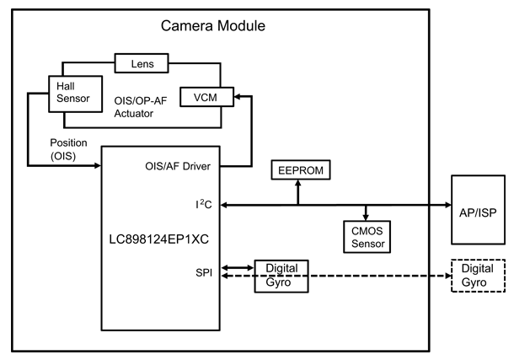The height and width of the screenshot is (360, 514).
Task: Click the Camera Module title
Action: pos(213,25)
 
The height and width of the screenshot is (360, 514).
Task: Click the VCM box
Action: pos(206,97)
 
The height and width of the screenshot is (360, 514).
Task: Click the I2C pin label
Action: pos(200,203)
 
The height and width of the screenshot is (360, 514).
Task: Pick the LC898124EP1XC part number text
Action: pos(158,239)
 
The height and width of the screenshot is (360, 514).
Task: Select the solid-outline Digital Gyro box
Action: pos(281,276)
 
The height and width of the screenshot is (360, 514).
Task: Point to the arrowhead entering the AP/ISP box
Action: pos(447,203)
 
